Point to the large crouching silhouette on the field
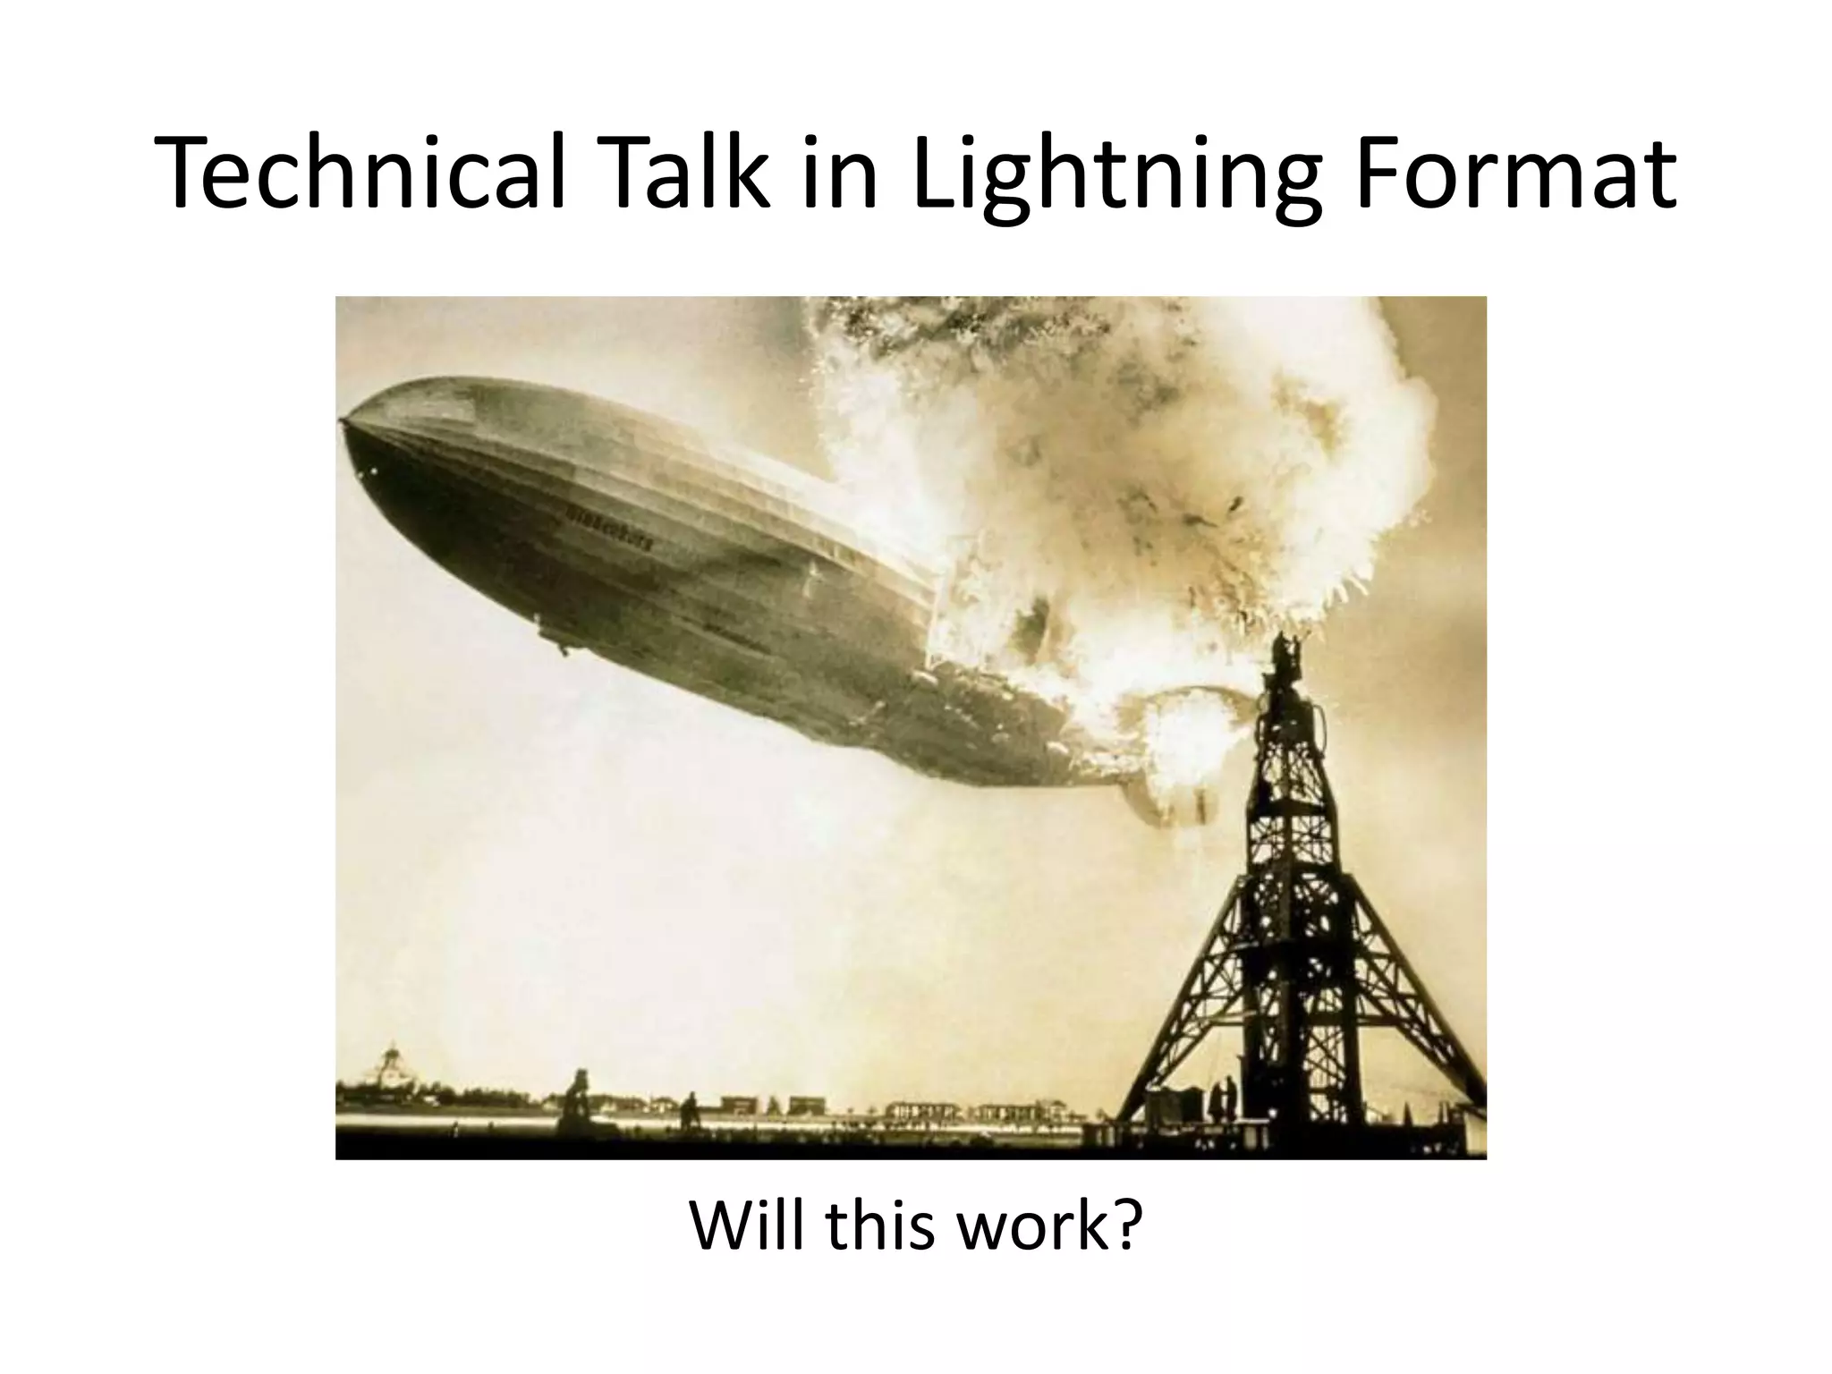577,1100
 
